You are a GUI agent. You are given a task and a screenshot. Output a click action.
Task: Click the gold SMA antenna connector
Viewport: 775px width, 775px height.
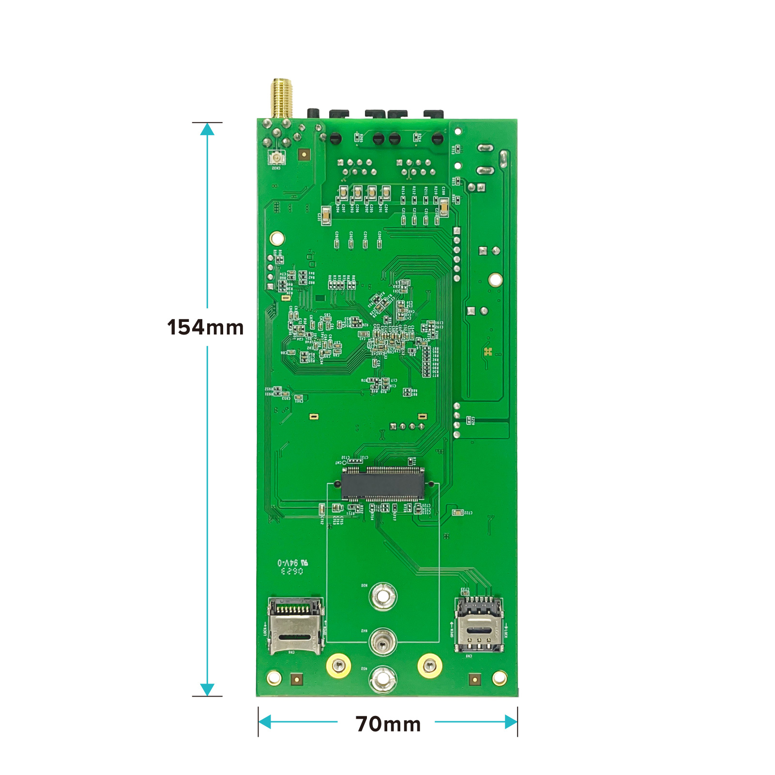tap(281, 98)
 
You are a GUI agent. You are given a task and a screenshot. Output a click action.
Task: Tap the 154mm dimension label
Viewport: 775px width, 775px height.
tap(205, 327)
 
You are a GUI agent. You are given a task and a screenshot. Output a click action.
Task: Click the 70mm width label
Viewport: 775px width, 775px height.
tap(388, 724)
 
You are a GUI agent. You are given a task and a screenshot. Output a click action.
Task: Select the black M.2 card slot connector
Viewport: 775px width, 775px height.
tap(382, 484)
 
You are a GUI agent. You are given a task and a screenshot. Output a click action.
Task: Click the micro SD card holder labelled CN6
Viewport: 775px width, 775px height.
tap(295, 626)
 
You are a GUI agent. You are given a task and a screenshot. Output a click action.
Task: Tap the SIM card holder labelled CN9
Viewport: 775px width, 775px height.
tap(479, 624)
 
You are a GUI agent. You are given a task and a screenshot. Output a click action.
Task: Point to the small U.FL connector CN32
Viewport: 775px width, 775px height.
tap(277, 157)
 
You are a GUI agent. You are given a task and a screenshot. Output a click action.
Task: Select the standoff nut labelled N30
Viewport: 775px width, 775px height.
tap(383, 596)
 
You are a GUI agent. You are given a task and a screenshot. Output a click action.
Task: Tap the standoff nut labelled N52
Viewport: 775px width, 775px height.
tap(383, 679)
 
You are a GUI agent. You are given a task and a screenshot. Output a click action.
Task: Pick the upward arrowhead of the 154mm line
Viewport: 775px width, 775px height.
tap(207, 129)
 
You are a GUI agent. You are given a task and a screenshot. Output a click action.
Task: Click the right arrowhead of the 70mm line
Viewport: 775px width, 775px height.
tap(511, 722)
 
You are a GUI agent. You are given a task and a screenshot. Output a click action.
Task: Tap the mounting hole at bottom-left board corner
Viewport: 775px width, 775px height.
tap(274, 678)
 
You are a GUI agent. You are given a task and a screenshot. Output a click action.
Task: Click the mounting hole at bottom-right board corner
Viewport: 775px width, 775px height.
tap(499, 678)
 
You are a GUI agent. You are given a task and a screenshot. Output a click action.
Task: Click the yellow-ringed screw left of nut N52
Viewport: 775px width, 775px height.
tap(339, 666)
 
